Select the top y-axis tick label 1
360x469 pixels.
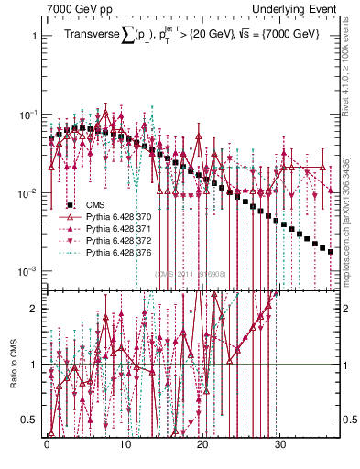point(34,36)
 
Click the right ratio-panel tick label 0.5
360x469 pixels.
point(348,420)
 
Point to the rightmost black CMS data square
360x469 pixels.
point(331,250)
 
